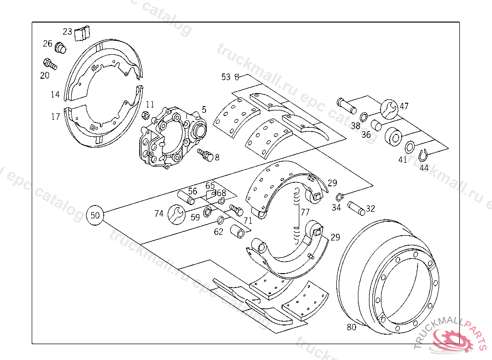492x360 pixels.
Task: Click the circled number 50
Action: [x=96, y=215]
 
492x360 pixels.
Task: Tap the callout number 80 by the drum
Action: [x=352, y=328]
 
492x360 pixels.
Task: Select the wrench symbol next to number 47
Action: [x=389, y=109]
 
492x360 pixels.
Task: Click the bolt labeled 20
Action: [x=50, y=64]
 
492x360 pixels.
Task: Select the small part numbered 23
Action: [x=82, y=34]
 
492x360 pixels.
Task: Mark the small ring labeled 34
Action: [x=339, y=196]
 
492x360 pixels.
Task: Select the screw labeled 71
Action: [x=235, y=210]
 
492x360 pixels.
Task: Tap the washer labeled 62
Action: [x=221, y=220]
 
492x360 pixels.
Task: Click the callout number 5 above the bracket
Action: [x=204, y=109]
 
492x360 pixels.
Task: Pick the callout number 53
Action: [x=226, y=77]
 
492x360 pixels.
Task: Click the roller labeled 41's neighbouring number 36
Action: [x=366, y=135]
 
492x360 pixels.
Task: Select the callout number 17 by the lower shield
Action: [x=56, y=116]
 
